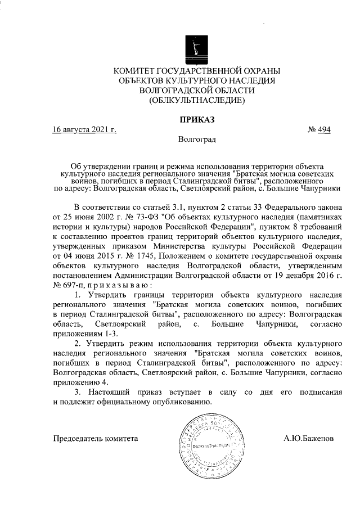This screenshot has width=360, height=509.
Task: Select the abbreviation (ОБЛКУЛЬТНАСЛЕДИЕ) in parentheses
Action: click(x=196, y=101)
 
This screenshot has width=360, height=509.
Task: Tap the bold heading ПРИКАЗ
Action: click(x=197, y=119)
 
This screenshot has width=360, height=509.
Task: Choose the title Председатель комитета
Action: click(x=95, y=437)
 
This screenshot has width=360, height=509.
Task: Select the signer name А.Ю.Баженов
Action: click(x=309, y=437)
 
